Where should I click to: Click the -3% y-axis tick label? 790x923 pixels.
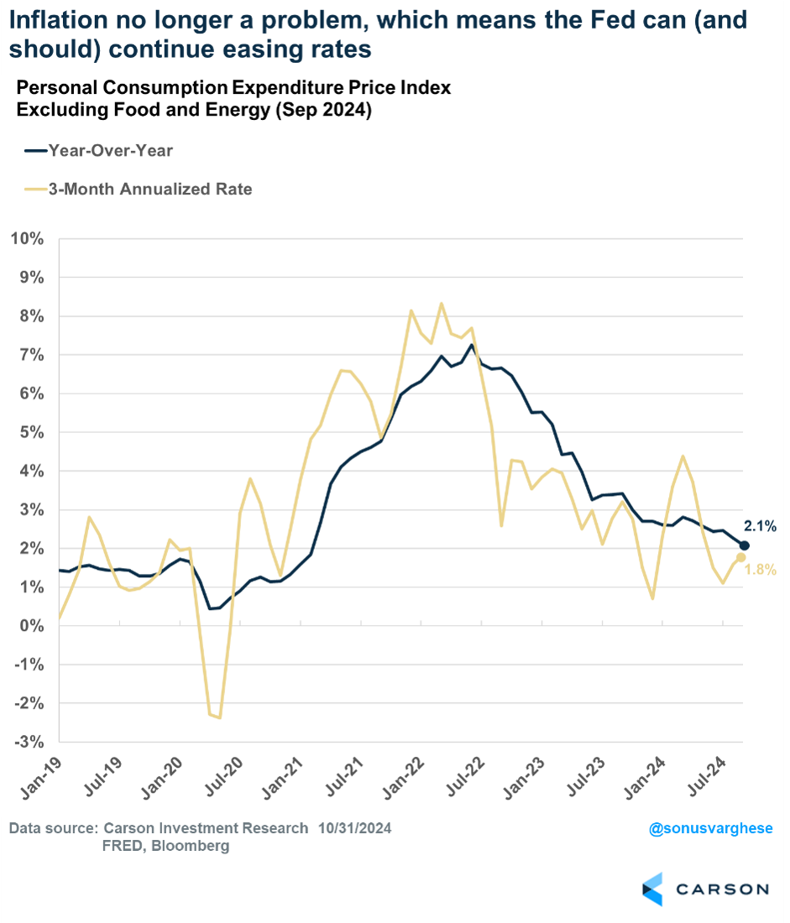coord(28,742)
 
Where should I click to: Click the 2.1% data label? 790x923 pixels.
coord(760,527)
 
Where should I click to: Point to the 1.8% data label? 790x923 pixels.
coord(759,570)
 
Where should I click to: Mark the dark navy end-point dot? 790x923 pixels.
coord(744,546)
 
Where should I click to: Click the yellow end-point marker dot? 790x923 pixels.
coord(740,558)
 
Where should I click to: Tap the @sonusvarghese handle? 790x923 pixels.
coord(710,829)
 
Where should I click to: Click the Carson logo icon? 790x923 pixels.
coord(652,889)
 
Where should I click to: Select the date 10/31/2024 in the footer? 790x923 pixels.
coord(354,829)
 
